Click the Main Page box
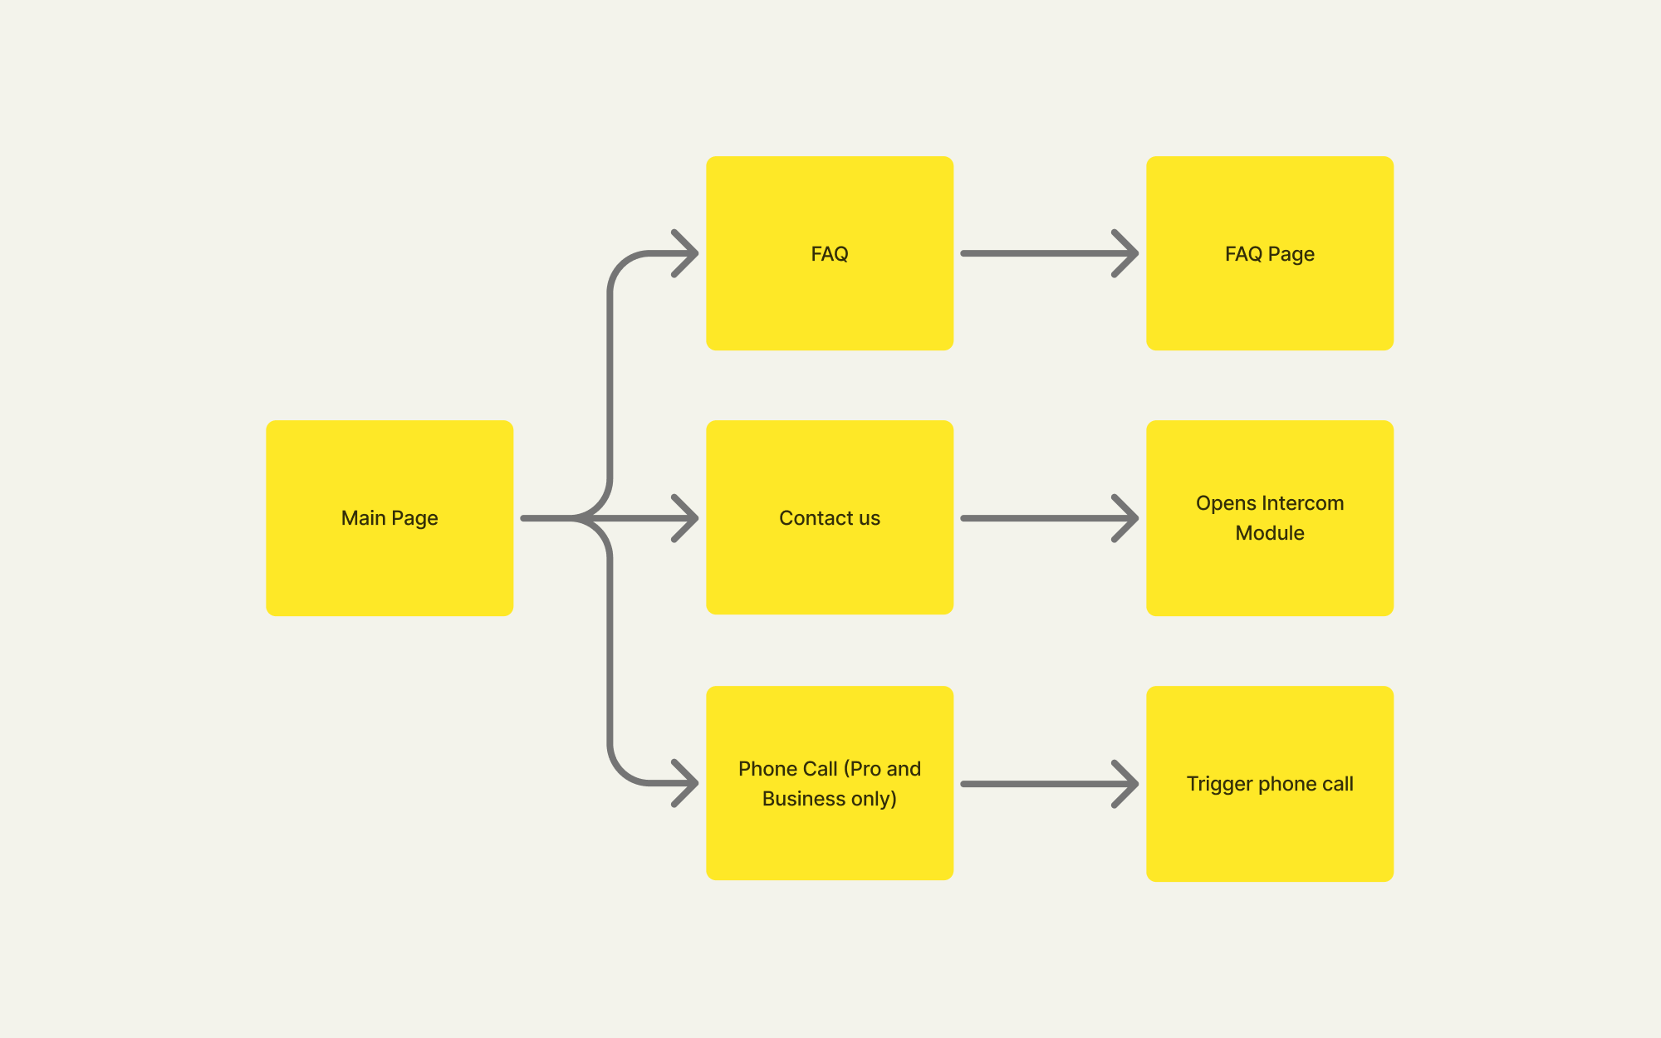[x=390, y=518]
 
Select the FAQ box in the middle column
[x=830, y=253]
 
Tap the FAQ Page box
[x=1270, y=253]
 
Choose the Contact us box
[x=830, y=517]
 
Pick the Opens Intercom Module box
[x=1270, y=518]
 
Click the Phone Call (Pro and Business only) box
[x=830, y=783]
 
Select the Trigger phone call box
[x=1270, y=784]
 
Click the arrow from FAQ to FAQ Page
[x=1049, y=253]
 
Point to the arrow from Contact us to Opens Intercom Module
[x=1049, y=518]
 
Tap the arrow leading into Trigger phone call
[x=1049, y=784]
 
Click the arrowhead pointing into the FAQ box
[x=686, y=253]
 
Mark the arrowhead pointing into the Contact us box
[x=686, y=518]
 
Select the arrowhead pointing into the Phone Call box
[x=686, y=783]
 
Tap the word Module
[x=1270, y=533]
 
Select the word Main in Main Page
[x=364, y=518]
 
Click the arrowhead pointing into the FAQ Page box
[x=1126, y=253]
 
